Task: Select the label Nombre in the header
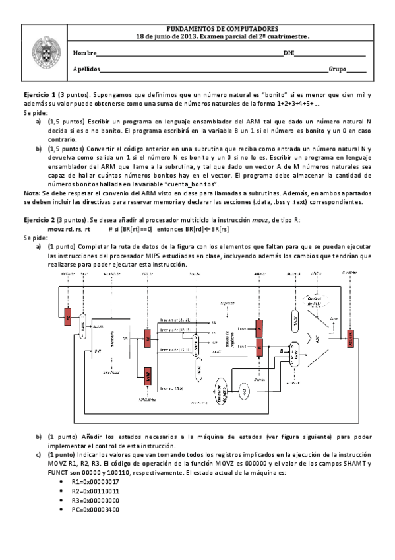coord(84,53)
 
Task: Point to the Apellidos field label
coord(86,69)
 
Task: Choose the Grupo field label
coord(337,69)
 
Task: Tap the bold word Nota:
coord(31,192)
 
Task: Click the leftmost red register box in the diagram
coord(68,318)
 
